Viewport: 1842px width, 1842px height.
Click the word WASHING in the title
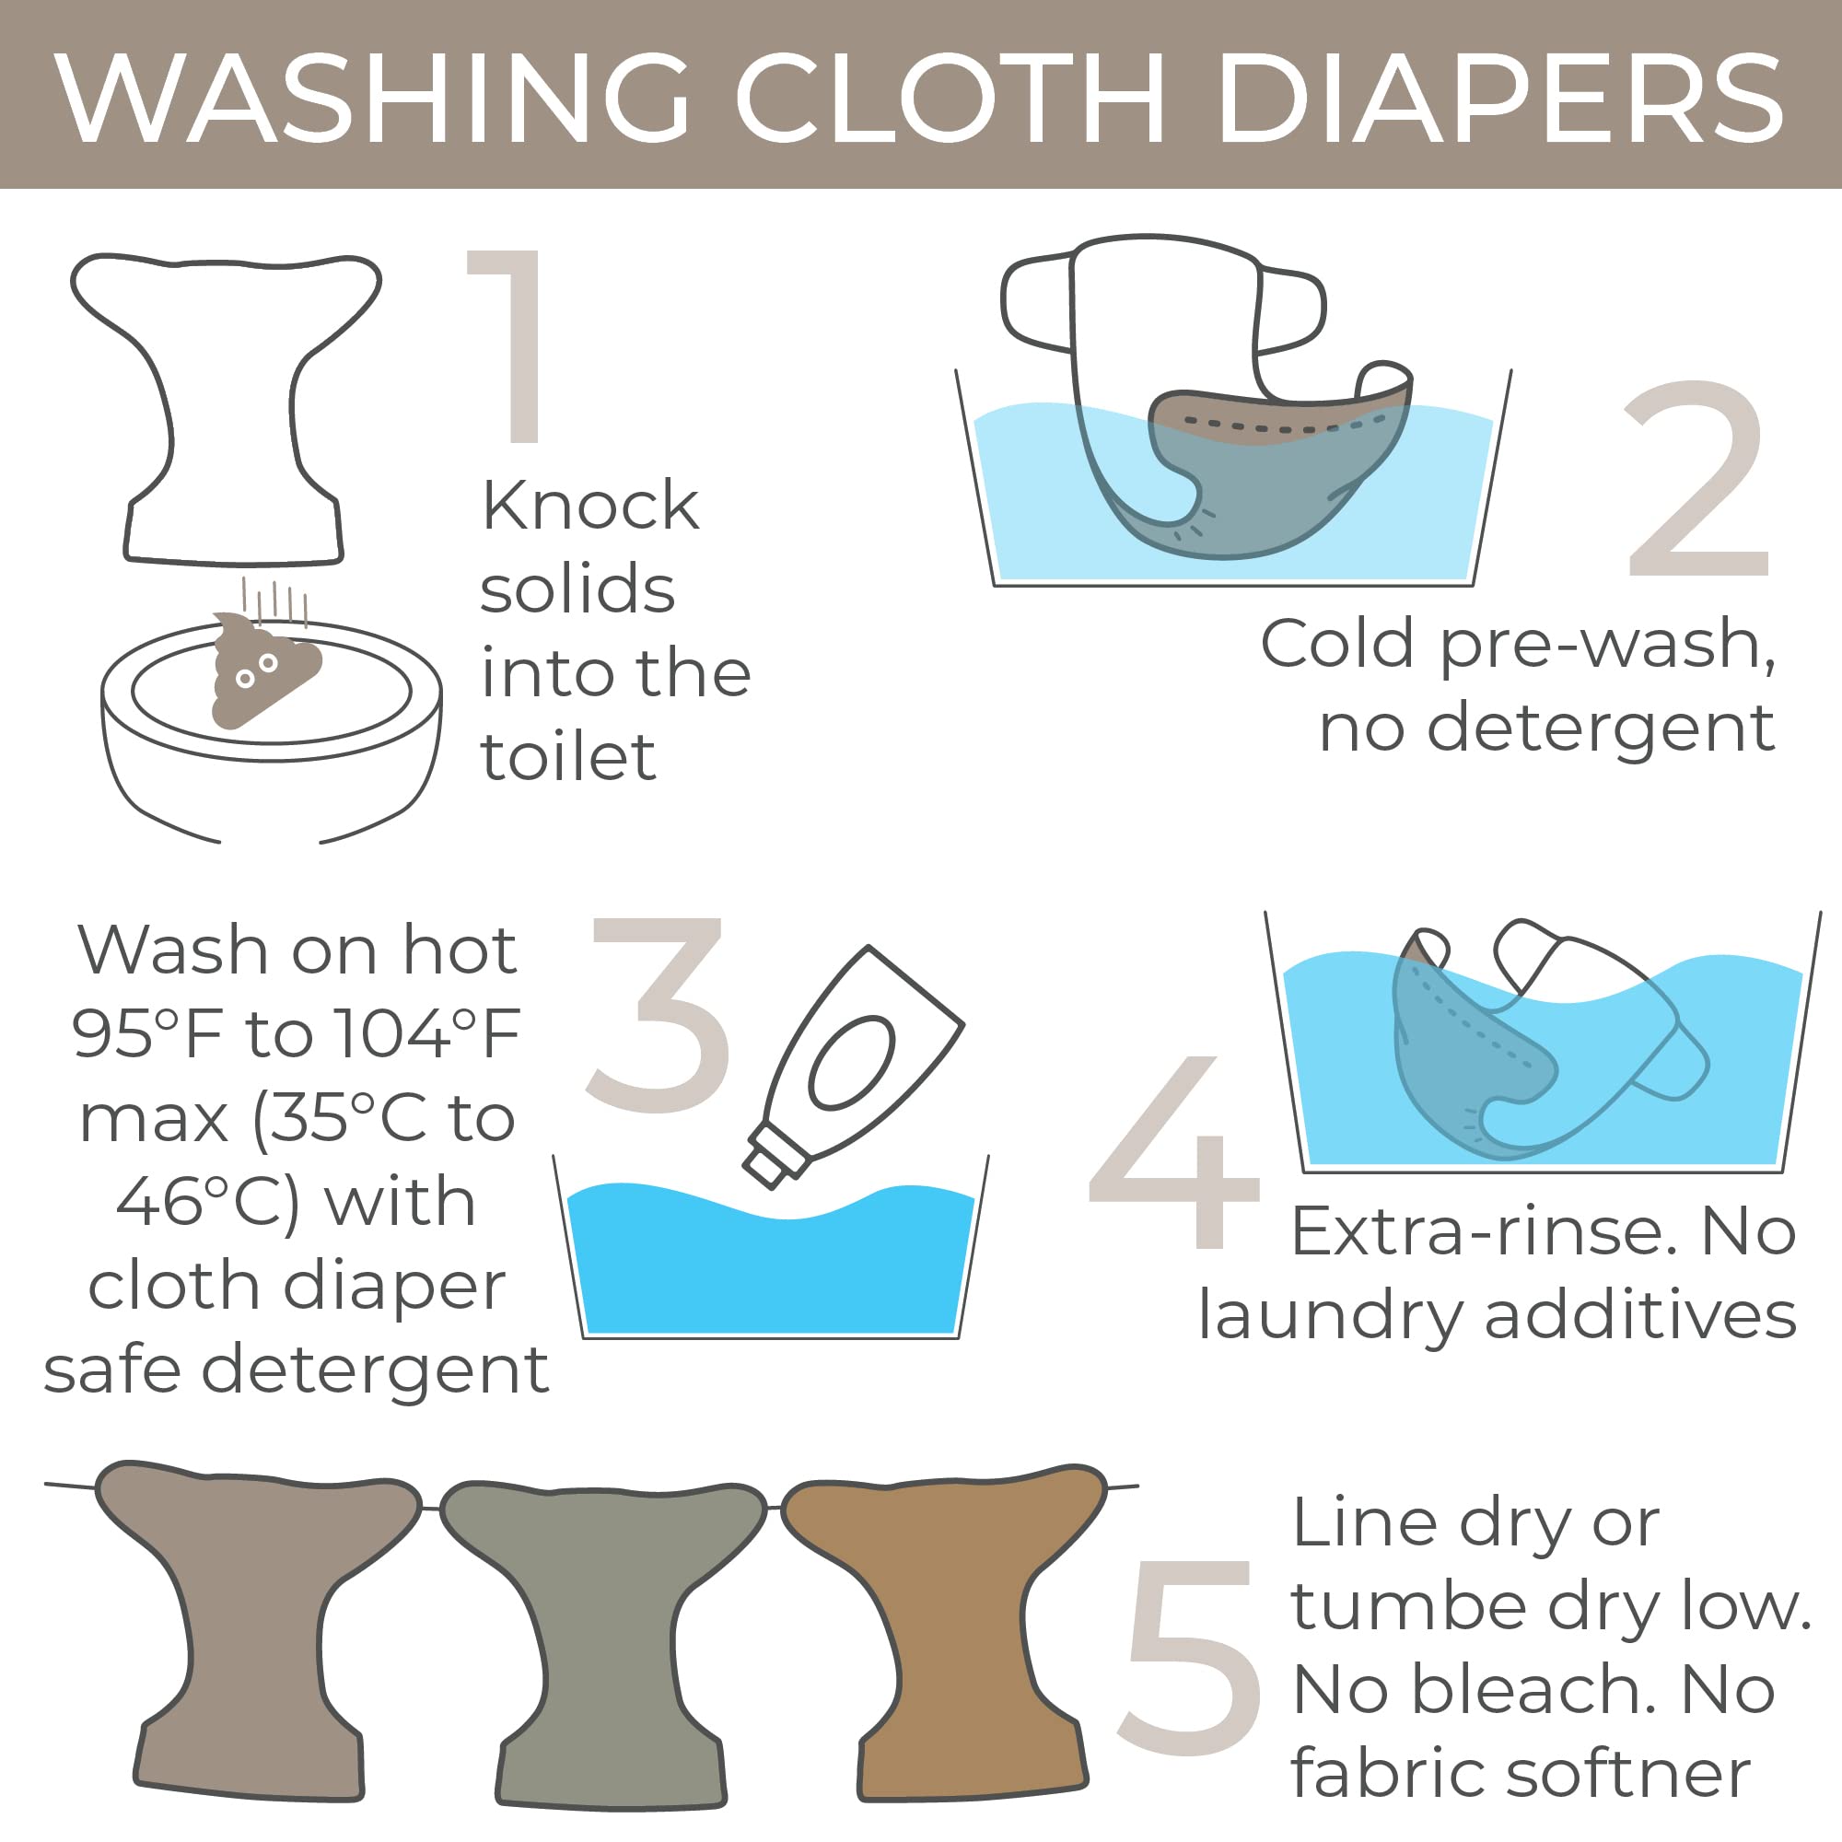coord(372,98)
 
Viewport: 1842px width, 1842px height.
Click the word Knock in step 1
coord(590,506)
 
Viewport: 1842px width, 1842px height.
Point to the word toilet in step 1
coord(568,758)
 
